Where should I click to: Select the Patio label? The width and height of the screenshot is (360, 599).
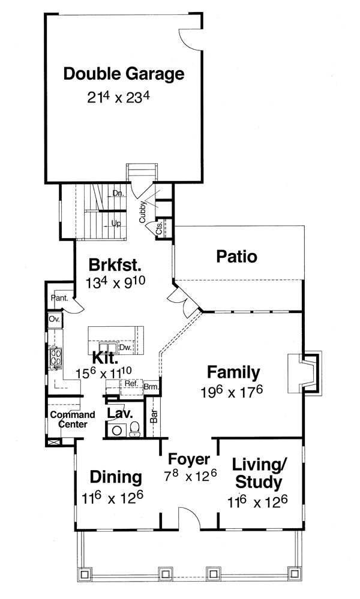click(x=236, y=257)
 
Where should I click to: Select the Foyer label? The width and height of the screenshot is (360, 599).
click(x=188, y=460)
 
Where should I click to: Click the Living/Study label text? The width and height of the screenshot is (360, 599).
click(x=257, y=473)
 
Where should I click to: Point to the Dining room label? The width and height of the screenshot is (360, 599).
click(x=116, y=477)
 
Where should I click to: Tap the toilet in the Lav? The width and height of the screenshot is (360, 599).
click(x=134, y=428)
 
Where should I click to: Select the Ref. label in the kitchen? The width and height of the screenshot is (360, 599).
click(x=131, y=383)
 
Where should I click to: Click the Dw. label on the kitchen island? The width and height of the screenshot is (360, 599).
click(x=125, y=347)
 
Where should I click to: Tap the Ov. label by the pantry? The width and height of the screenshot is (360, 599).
click(x=53, y=320)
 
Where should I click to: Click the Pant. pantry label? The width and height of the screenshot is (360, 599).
click(x=59, y=296)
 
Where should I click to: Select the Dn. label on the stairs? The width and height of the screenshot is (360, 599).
click(x=118, y=193)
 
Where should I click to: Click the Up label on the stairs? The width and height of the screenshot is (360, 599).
click(x=117, y=223)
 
